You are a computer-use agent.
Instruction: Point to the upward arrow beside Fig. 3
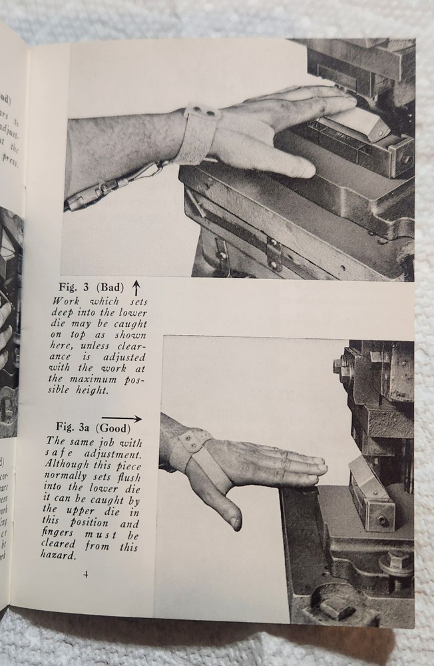[x=136, y=288]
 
